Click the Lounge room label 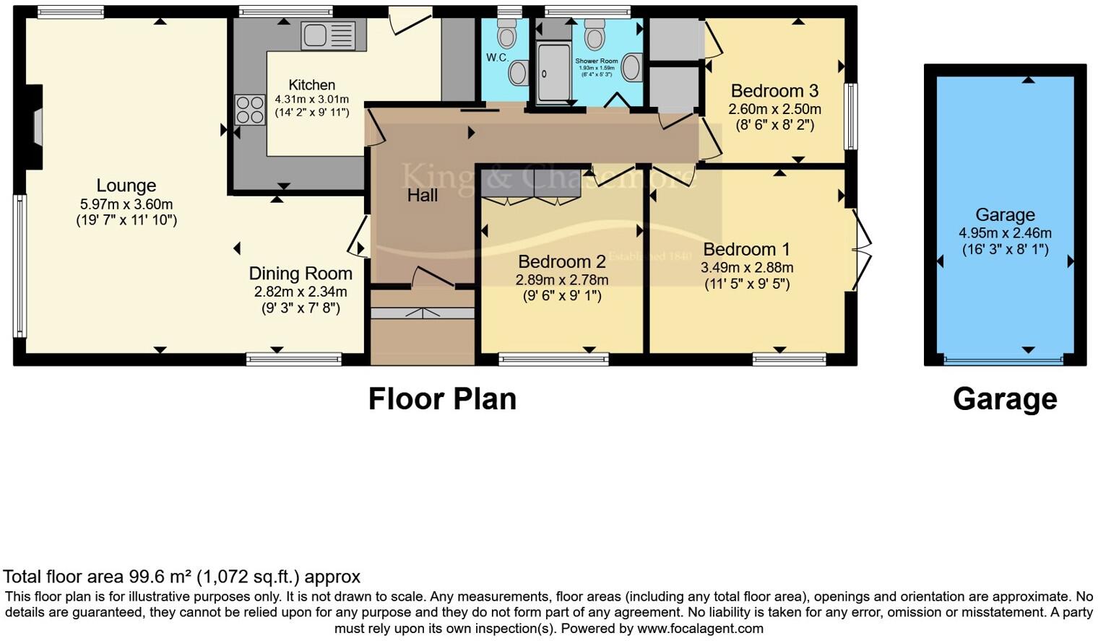pos(126,186)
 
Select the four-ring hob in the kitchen pos(249,110)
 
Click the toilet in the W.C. pos(508,33)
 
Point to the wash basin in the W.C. pos(518,72)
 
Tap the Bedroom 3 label pos(774,91)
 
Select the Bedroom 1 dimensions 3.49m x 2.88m pos(747,268)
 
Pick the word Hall pos(422,196)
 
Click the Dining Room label pos(301,274)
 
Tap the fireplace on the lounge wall pos(34,128)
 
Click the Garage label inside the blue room pos(1005,215)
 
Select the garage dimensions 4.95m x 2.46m pos(1005,233)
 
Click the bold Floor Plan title pos(442,399)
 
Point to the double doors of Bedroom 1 pos(861,249)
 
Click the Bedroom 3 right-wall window pos(851,116)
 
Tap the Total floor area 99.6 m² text pos(181,577)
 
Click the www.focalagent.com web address pos(700,629)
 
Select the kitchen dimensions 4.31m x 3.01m pos(311,100)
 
